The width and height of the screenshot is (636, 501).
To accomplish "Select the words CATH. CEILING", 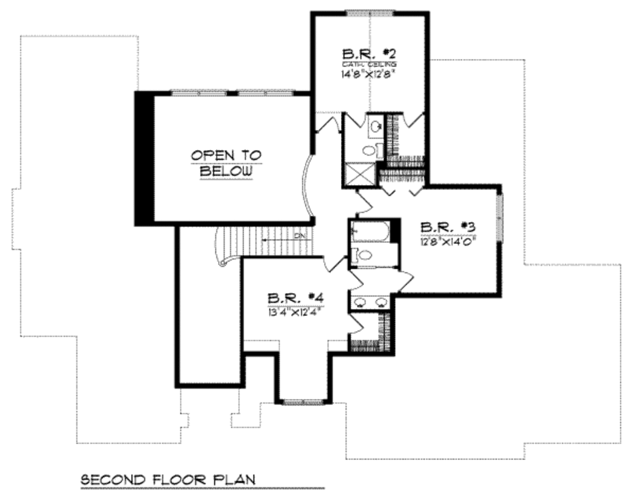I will click(369, 64).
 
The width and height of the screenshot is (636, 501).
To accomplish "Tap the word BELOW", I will click(226, 171).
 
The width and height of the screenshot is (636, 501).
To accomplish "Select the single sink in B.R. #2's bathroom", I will click(375, 127).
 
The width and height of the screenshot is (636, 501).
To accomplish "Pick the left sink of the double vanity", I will click(360, 302).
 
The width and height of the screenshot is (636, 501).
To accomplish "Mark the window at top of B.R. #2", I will click(370, 12).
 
